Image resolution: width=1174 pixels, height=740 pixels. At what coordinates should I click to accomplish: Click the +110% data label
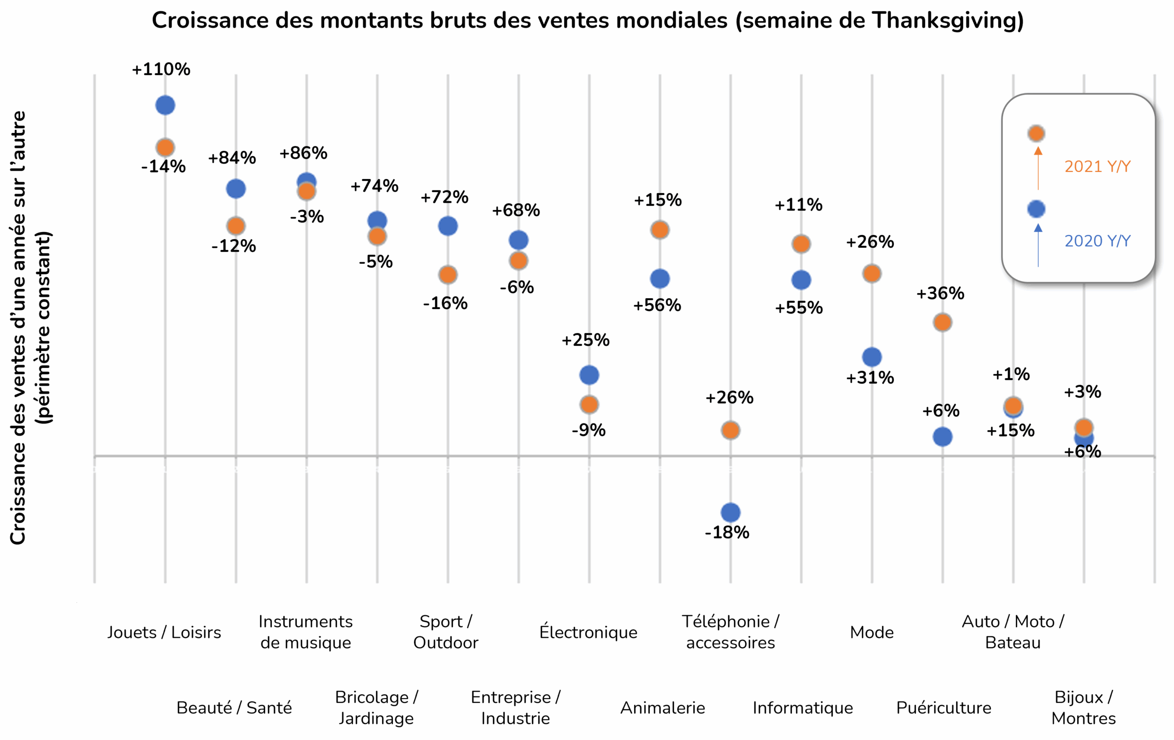point(161,69)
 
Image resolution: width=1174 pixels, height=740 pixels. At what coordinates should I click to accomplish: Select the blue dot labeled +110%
point(165,106)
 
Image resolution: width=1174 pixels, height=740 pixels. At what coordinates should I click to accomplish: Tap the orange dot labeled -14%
point(165,147)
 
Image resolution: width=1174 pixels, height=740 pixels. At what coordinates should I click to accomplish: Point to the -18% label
point(727,532)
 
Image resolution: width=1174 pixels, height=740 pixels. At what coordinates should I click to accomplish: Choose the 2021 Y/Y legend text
point(1097,167)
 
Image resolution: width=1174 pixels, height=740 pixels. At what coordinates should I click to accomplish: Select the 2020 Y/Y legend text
point(1097,241)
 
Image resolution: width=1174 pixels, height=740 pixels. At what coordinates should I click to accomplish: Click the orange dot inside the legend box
point(1036,133)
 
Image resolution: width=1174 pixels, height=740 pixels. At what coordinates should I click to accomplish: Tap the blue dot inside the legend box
point(1036,209)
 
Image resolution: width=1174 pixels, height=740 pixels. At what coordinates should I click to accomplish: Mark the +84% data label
point(232,157)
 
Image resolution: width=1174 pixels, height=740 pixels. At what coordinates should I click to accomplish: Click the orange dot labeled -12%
point(236,226)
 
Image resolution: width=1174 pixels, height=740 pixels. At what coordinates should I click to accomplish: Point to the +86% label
point(303,153)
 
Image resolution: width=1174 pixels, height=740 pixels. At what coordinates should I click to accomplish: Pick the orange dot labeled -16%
point(448,275)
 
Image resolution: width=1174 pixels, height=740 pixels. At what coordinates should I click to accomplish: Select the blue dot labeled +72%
point(448,226)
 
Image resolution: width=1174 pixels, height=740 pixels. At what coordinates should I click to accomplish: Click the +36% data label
point(940,294)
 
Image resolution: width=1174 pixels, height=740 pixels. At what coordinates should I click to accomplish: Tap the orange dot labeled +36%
point(942,323)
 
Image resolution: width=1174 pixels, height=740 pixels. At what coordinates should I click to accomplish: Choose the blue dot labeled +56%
point(659,279)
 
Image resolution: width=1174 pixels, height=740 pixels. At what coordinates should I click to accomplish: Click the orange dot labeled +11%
point(801,244)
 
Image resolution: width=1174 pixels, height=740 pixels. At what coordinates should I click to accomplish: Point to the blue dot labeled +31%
point(872,357)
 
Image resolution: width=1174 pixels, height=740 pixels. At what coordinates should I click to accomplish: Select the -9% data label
point(588,430)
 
